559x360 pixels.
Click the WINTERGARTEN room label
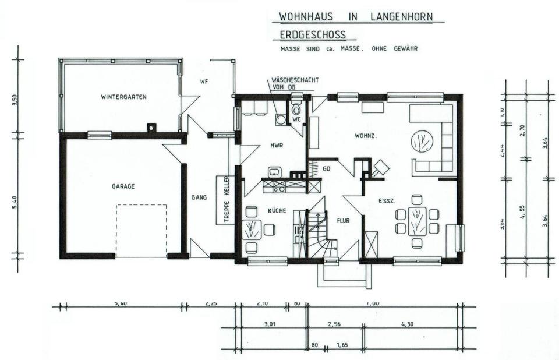123,97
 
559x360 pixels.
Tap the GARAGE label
123,186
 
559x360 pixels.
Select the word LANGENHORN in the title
401,16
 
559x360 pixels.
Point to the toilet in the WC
296,109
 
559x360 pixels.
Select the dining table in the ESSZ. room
416,221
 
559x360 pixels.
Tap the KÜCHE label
277,211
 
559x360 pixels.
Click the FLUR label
342,221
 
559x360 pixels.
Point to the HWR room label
276,146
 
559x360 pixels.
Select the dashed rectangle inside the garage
141,230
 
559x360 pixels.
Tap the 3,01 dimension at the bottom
269,324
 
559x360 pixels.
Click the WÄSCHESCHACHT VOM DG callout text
294,83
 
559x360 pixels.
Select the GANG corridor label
199,198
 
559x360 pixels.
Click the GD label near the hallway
327,168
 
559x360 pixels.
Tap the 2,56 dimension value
334,324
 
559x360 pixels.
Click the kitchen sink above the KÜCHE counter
275,172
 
